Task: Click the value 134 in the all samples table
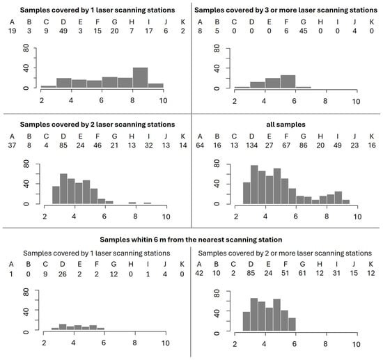point(251,146)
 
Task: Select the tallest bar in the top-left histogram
point(140,77)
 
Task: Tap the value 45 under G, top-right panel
point(303,31)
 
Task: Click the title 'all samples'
point(286,125)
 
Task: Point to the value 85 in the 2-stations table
point(63,146)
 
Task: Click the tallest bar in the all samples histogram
point(254,185)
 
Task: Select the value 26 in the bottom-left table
point(62,274)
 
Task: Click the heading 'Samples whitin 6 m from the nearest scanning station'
point(191,240)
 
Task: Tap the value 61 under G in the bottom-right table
point(302,273)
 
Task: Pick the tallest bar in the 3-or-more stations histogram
point(288,81)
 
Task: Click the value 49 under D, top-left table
point(63,31)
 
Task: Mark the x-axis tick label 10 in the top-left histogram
point(163,101)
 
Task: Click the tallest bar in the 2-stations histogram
point(63,189)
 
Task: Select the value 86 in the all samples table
point(303,146)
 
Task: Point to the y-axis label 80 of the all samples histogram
point(217,164)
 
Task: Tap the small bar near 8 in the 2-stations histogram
point(132,203)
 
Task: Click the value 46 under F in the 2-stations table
point(97,146)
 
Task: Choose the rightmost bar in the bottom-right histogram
point(292,324)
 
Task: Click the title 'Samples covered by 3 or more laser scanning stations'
point(286,10)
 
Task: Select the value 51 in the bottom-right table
point(285,273)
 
